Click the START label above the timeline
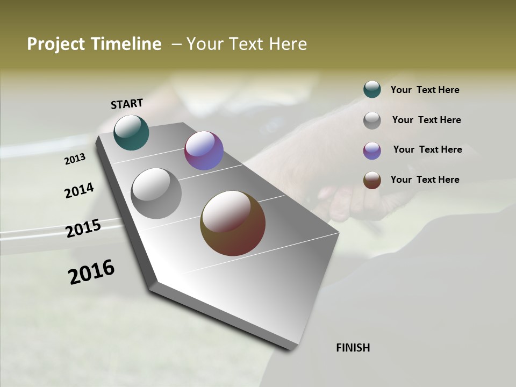(x=127, y=103)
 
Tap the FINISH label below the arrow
(x=353, y=348)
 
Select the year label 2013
(x=75, y=159)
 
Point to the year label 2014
(x=79, y=190)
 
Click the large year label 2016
(x=91, y=272)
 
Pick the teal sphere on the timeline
(x=131, y=132)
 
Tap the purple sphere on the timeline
(x=204, y=150)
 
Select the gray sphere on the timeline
(x=156, y=193)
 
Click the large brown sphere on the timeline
(x=233, y=223)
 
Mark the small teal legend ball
(x=372, y=89)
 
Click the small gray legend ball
(x=372, y=120)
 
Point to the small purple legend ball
(x=372, y=150)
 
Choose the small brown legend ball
(x=372, y=181)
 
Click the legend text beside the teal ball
(x=425, y=90)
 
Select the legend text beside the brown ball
(x=425, y=180)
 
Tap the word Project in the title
(x=54, y=44)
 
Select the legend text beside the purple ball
(x=427, y=149)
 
